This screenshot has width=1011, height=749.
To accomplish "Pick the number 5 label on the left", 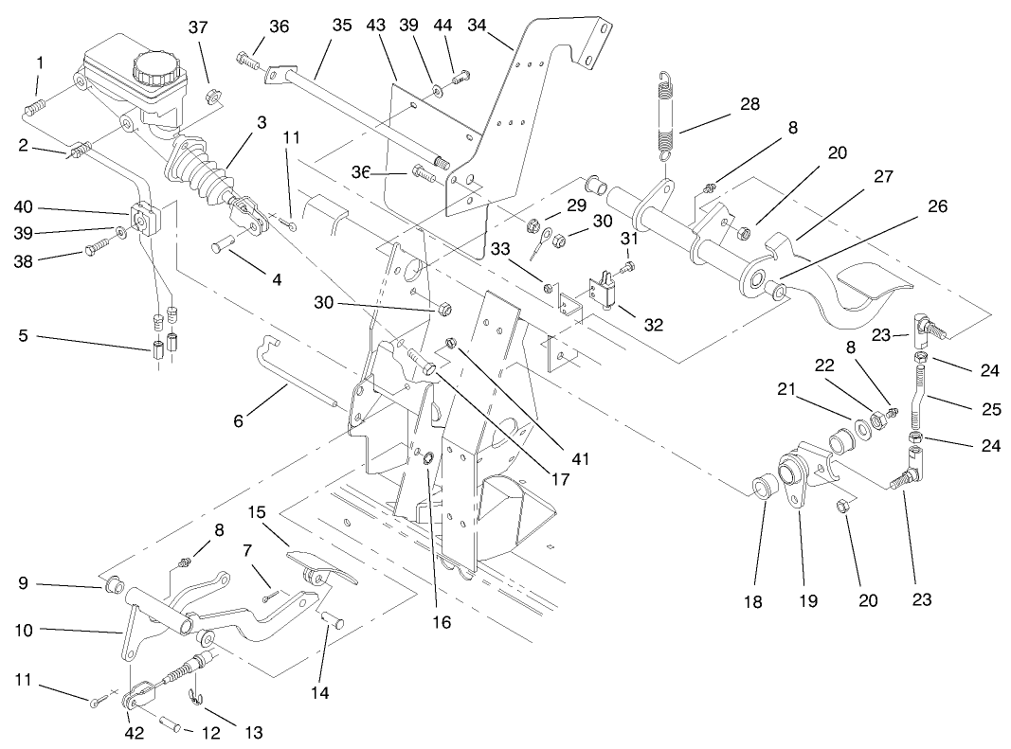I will [23, 336].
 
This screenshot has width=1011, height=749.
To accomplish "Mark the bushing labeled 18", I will [763, 490].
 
